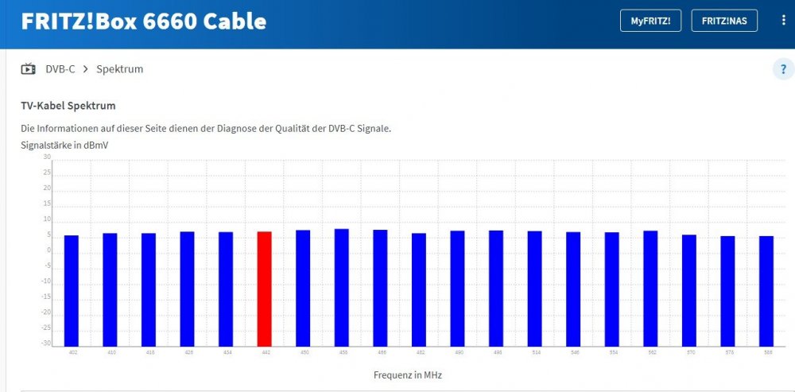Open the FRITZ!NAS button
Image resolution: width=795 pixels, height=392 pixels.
point(724,21)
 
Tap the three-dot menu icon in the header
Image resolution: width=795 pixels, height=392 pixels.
point(783,21)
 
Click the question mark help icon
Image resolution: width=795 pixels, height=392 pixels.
point(783,70)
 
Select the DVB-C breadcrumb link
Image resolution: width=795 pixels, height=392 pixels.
point(60,69)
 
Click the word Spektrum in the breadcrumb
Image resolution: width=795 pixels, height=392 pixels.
point(119,69)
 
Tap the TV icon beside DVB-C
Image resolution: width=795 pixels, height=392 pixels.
point(29,69)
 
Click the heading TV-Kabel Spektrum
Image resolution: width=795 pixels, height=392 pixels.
point(68,105)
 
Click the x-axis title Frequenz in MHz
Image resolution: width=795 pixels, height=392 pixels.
point(407,374)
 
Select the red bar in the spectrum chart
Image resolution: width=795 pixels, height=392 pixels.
point(264,289)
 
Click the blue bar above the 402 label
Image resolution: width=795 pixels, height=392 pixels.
point(72,290)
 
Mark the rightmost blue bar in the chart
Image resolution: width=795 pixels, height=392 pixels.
point(766,290)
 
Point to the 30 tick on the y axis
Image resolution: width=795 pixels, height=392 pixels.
point(47,157)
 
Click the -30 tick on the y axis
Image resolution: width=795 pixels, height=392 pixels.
point(46,343)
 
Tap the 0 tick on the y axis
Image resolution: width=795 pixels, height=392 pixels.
point(48,250)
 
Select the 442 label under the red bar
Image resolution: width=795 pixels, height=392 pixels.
point(264,351)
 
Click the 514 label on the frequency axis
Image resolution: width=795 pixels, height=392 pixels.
point(534,351)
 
